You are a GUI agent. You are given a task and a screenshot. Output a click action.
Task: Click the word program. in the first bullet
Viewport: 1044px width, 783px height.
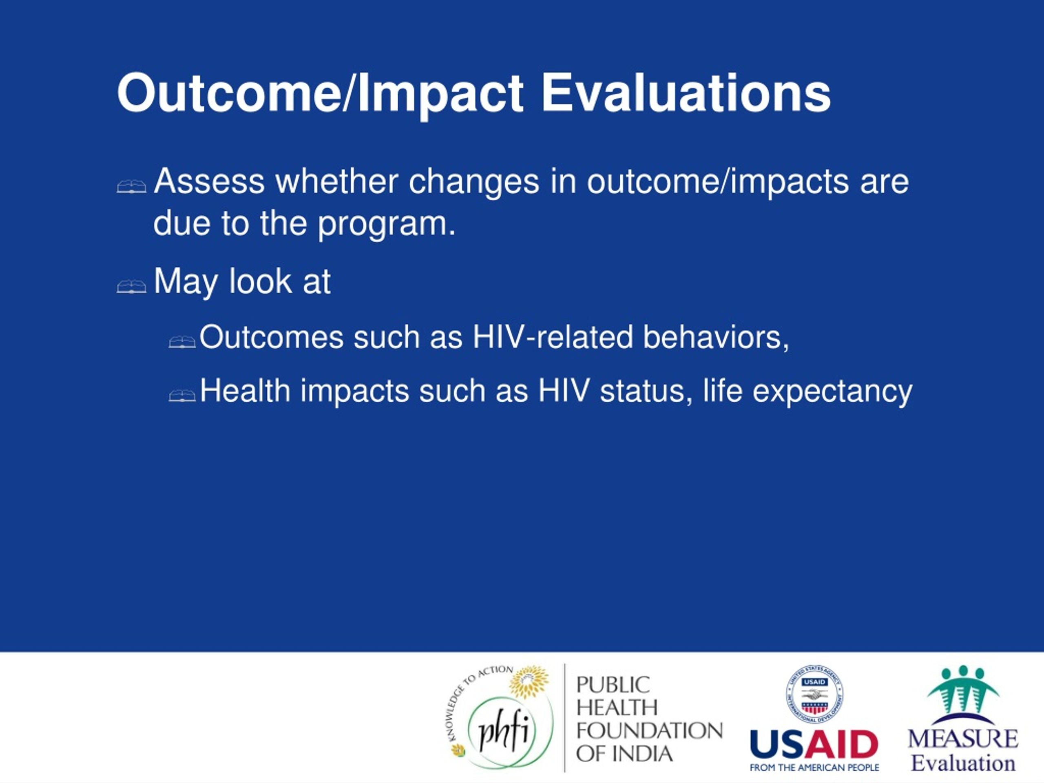coord(387,224)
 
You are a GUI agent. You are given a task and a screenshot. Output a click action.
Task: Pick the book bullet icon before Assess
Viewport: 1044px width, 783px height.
coord(131,186)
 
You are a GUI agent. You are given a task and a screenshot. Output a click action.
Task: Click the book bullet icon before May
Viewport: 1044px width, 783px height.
coord(131,286)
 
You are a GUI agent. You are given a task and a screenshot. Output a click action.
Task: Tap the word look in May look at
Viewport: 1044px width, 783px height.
coord(261,281)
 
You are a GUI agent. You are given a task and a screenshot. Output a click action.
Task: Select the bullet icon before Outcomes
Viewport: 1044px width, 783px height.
coord(182,342)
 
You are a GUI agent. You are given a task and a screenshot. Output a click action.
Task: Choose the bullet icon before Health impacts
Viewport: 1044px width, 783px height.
coord(182,396)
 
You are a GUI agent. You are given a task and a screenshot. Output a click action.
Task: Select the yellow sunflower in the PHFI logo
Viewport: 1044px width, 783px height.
coord(529,682)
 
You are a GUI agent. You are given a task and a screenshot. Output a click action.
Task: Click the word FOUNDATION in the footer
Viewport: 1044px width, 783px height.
coord(649,731)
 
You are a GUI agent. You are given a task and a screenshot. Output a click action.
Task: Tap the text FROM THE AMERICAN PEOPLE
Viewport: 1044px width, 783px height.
coord(814,768)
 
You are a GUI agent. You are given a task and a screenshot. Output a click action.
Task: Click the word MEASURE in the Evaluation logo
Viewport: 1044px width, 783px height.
coord(963,739)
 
